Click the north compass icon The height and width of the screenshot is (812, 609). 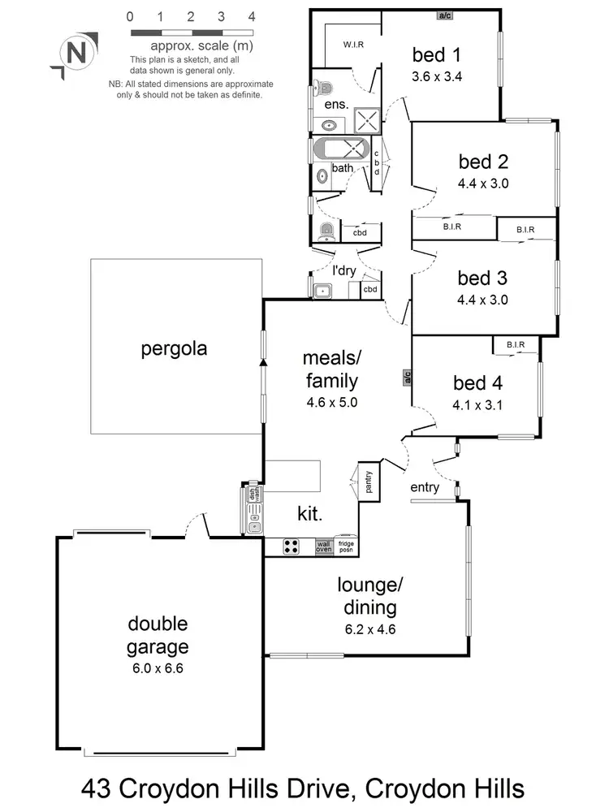point(75,54)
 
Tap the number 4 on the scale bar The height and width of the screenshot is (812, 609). point(252,16)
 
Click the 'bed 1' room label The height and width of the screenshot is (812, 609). point(437,55)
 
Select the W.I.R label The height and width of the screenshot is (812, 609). point(352,44)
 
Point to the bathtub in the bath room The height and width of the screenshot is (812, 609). point(340,152)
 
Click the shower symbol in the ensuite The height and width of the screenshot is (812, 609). point(367,121)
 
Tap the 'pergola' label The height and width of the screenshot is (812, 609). point(174,349)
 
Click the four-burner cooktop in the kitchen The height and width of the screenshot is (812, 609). point(292,547)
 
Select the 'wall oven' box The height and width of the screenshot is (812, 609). point(324,547)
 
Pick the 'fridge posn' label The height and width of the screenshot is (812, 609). point(346,547)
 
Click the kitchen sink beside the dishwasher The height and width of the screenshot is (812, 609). point(254,518)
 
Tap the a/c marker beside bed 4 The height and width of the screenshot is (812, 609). point(407,377)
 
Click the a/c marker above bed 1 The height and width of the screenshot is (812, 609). point(444,15)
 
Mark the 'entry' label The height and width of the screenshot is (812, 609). point(425,487)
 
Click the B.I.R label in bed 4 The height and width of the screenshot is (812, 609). point(516,345)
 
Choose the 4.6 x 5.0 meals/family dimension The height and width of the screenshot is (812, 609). point(330,402)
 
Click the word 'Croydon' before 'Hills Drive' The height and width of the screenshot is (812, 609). point(162,788)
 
